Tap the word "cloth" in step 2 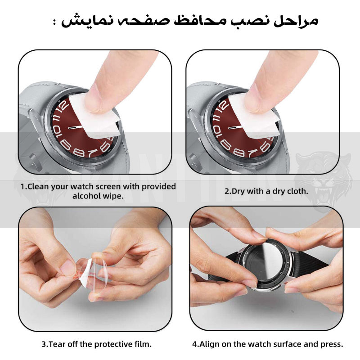point(297,191)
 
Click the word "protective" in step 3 point(111,344)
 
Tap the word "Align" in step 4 point(209,344)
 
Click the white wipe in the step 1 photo point(94,116)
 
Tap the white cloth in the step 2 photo point(254,116)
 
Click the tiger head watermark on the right point(324,181)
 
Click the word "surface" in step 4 point(288,344)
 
